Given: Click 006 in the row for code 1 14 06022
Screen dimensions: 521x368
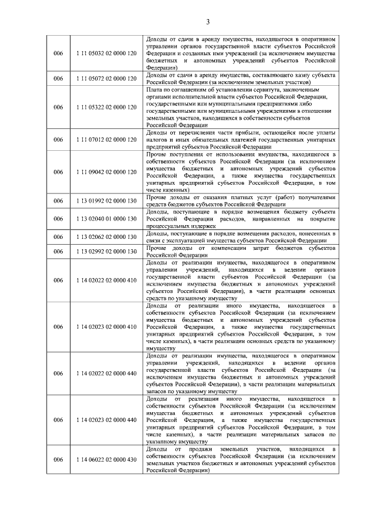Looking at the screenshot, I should [58, 459].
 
